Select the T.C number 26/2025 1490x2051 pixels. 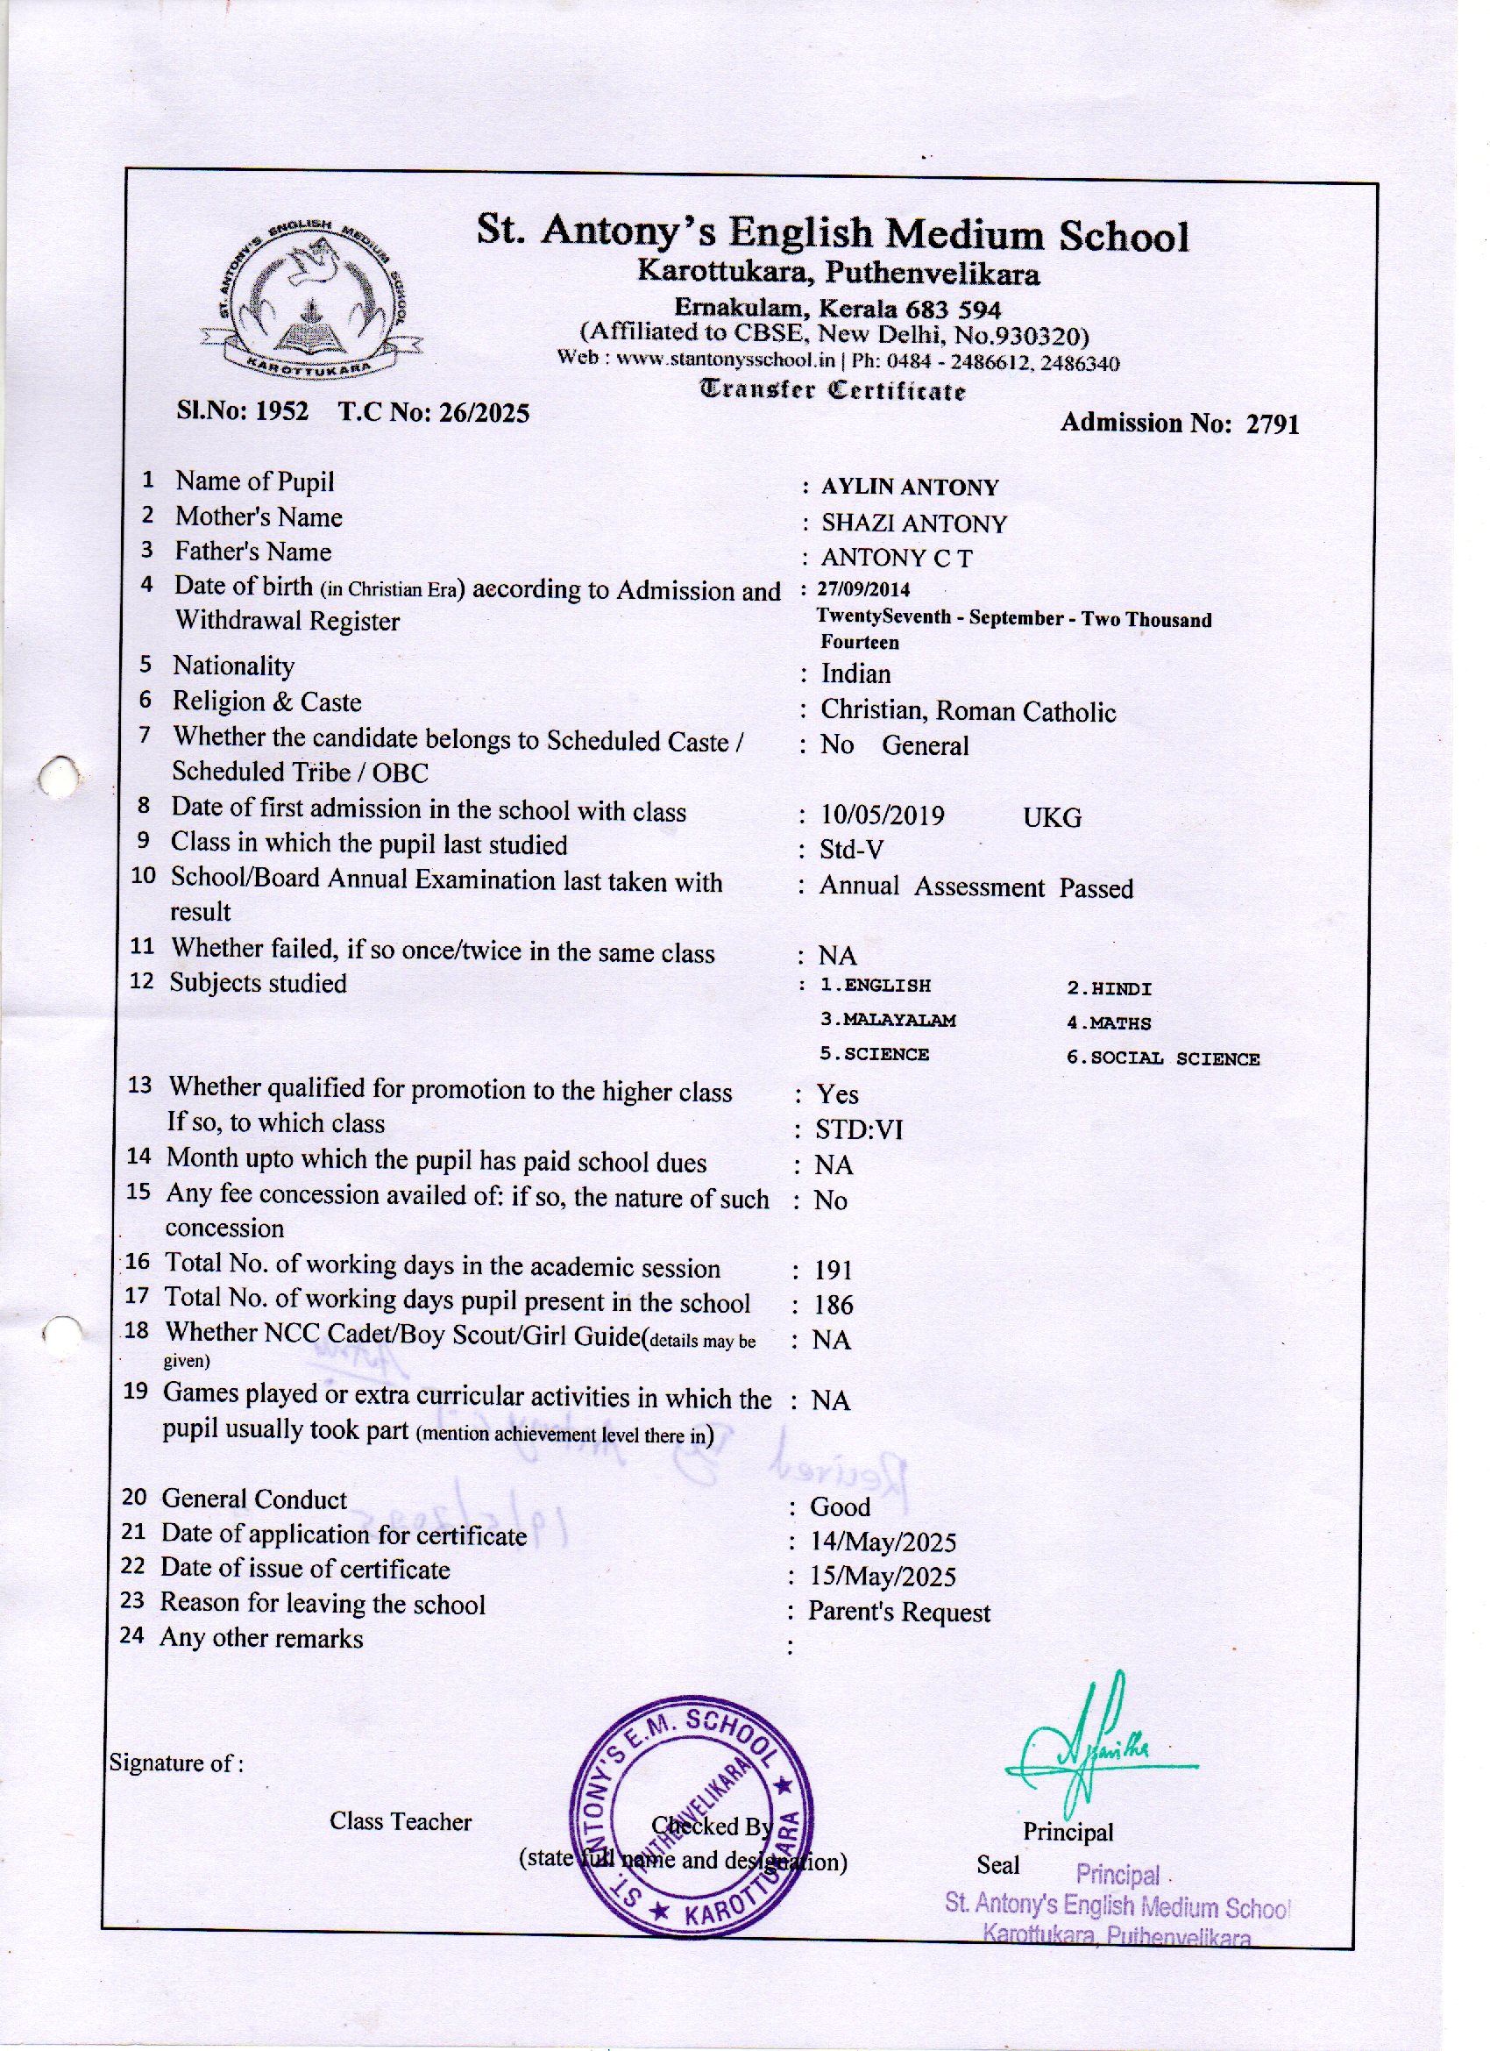click(484, 413)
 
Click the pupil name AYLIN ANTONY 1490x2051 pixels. click(910, 488)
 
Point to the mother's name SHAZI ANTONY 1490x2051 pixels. click(913, 523)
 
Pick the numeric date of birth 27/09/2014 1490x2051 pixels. click(863, 589)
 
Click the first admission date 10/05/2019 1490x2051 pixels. click(882, 815)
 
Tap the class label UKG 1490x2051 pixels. click(1052, 817)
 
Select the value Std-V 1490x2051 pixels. click(851, 850)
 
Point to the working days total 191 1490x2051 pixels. click(833, 1271)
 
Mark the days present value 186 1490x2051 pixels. click(833, 1305)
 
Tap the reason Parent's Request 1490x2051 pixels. click(898, 1613)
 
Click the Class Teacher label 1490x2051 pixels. click(400, 1821)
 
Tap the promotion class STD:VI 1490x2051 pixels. click(858, 1130)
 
